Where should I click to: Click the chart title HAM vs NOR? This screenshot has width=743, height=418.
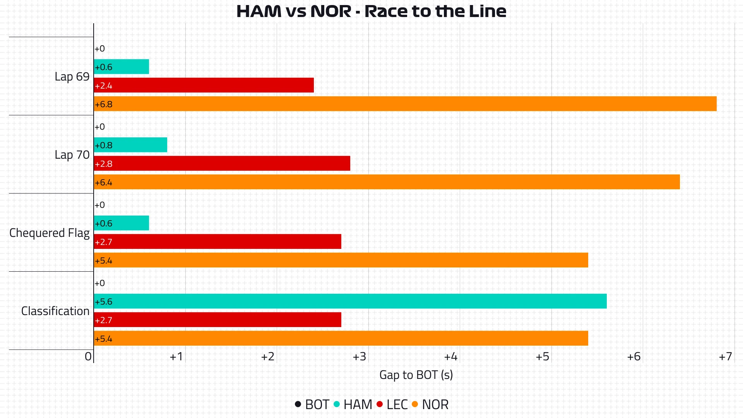371,11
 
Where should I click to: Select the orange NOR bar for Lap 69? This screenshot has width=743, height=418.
405,104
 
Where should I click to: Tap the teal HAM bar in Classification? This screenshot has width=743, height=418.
350,301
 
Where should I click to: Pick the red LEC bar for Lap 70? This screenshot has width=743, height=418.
222,163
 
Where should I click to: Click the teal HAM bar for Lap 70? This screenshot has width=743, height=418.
130,145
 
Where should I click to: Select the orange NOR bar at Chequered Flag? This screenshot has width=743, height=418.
341,260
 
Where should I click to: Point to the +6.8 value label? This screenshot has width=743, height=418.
104,104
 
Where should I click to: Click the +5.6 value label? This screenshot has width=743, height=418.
104,302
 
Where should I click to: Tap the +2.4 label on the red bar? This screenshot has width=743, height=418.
104,86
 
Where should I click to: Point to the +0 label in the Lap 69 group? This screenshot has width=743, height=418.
100,49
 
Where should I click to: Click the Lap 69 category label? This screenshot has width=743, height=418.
72,77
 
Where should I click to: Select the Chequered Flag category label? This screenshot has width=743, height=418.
49,233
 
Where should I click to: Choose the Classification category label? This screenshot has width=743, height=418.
55,311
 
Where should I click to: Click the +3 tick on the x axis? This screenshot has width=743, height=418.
360,356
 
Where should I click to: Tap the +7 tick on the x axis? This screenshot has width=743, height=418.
726,356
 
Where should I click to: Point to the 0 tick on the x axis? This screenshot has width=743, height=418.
88,356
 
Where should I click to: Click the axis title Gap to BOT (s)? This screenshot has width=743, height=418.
416,375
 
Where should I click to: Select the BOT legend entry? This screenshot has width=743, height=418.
317,404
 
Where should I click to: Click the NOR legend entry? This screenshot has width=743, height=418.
435,404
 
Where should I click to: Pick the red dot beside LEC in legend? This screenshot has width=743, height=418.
380,404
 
